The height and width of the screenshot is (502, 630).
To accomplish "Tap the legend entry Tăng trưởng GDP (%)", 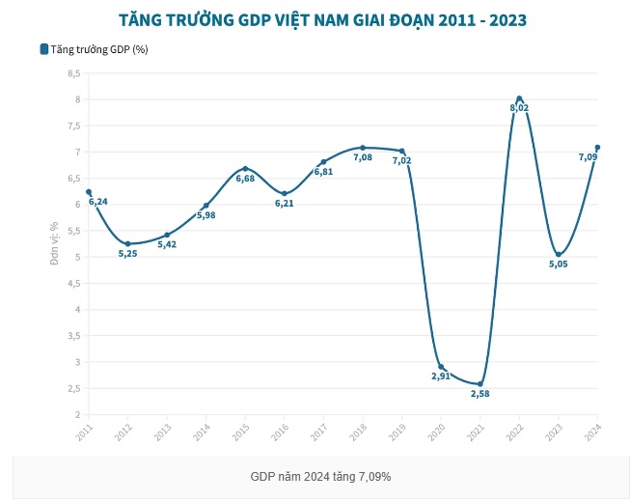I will click(94, 49).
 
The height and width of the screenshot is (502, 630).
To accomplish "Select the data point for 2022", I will click(519, 98).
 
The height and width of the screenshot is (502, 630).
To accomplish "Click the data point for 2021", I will click(479, 384).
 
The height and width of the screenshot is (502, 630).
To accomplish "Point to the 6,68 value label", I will click(245, 179).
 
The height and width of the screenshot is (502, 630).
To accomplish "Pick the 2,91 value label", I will click(441, 376).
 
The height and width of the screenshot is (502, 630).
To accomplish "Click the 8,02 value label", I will click(519, 108).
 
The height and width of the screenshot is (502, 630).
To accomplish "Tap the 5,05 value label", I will click(559, 264).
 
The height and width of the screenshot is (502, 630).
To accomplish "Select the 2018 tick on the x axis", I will click(363, 431).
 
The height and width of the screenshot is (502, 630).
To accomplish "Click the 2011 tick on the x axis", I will click(86, 431).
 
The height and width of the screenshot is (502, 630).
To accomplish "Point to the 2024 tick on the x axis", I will click(595, 431).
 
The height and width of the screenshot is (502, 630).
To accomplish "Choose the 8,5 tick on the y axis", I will click(74, 73).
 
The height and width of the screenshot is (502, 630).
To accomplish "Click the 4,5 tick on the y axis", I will click(74, 284).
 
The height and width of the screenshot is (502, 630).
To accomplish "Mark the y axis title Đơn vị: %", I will click(55, 242).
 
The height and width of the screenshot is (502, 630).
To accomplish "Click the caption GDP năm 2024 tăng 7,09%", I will click(321, 477).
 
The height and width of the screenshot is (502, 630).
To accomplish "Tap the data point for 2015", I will click(245, 169).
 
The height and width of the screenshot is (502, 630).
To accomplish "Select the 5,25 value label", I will click(128, 253).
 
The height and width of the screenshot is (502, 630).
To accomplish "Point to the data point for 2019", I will click(401, 151).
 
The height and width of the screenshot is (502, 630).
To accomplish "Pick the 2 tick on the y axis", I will click(77, 415).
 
